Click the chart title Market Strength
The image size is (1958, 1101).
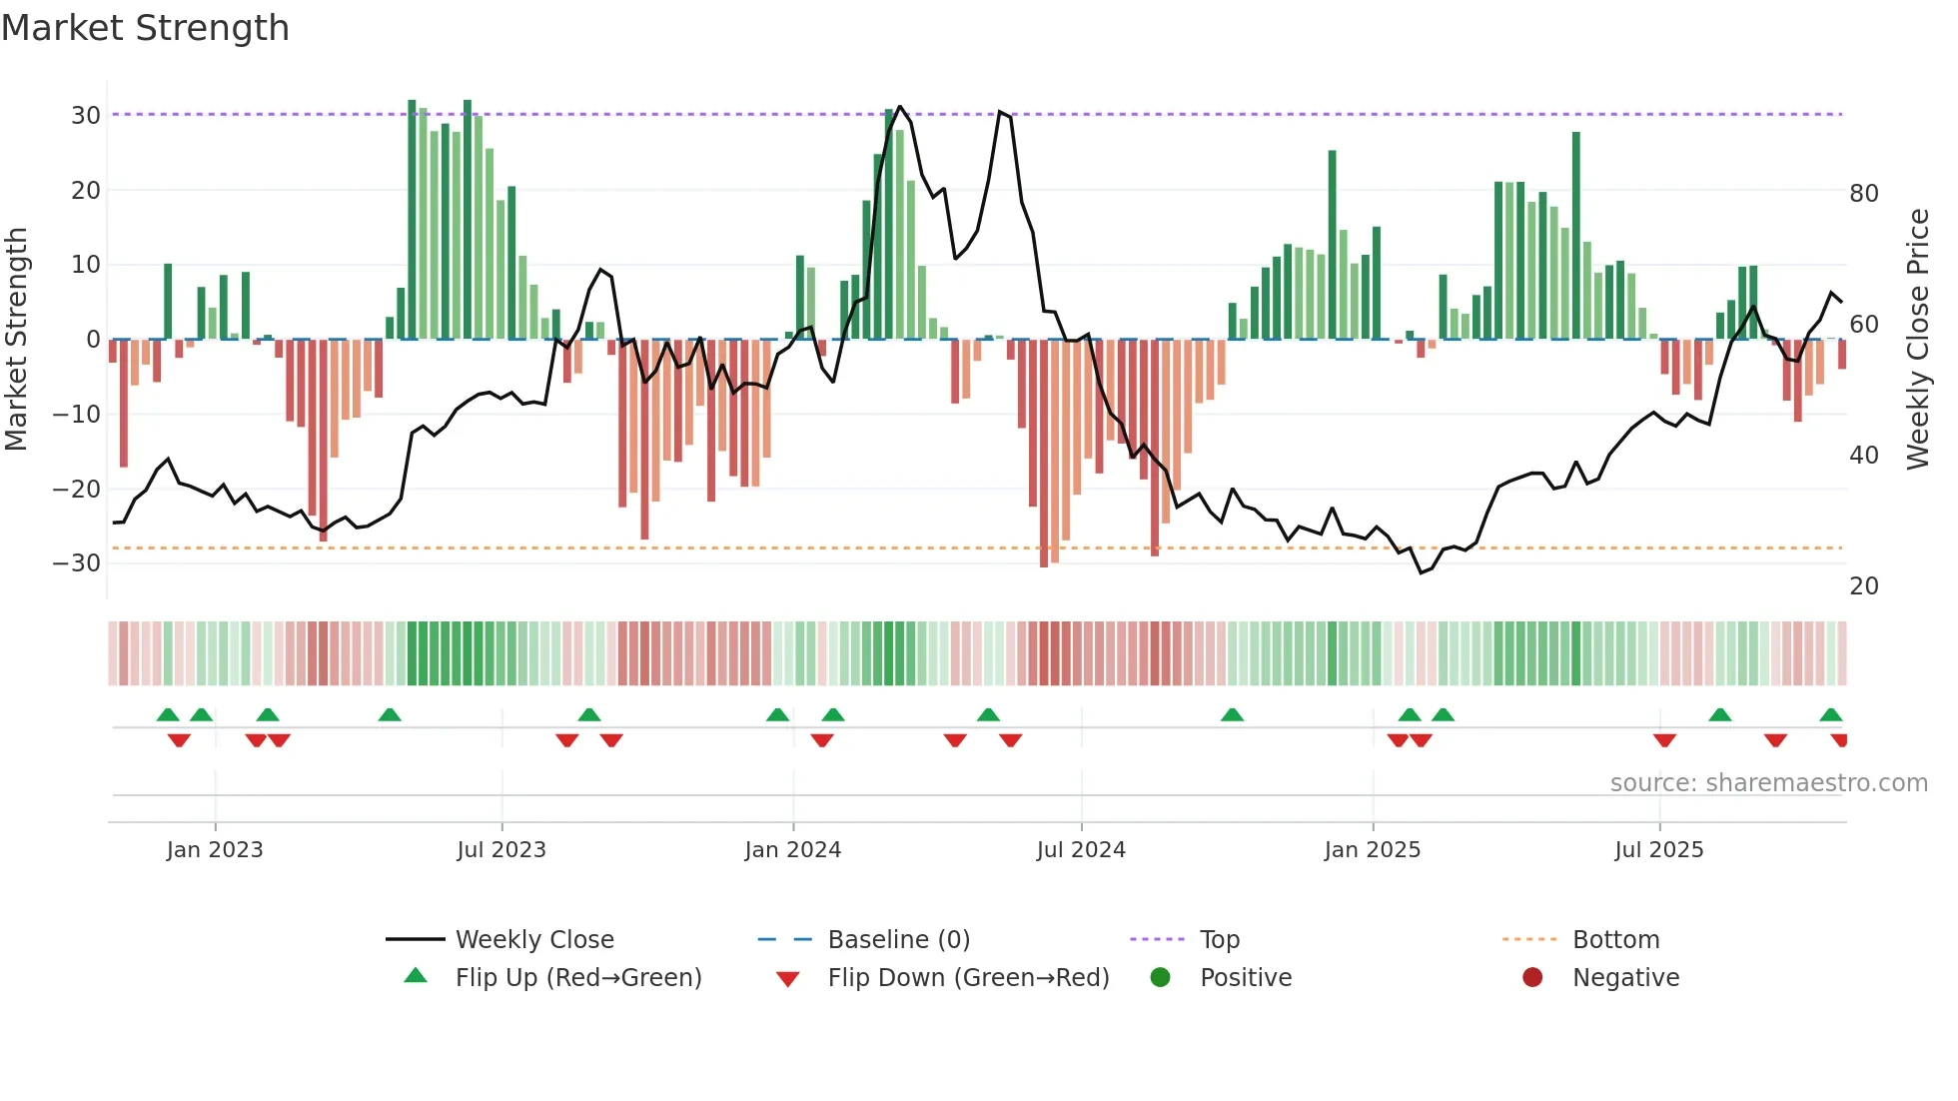pos(145,28)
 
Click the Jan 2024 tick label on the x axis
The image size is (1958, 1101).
pos(792,849)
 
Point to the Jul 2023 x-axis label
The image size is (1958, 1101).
pos(500,849)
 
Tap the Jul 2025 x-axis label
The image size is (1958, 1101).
pos(1658,849)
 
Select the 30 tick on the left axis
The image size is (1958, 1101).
pos(86,115)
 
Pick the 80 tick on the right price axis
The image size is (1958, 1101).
pos(1863,193)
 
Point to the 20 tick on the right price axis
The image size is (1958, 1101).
pos(1863,585)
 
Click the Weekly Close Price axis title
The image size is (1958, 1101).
pos(1917,339)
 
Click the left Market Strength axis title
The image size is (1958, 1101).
pos(16,339)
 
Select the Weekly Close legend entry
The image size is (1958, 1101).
pos(533,939)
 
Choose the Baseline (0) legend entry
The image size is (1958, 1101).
pos(898,939)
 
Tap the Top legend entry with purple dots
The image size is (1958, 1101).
pos(1219,939)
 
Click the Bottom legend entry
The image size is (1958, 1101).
pos(1615,939)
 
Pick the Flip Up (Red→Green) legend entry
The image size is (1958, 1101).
pos(577,977)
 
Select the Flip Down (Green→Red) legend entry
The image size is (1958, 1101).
pos(967,977)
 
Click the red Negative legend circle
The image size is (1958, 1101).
pos(1532,977)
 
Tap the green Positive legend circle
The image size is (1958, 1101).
pos(1160,977)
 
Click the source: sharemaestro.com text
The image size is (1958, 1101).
pos(1768,782)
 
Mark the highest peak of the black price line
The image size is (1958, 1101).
pos(900,106)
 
